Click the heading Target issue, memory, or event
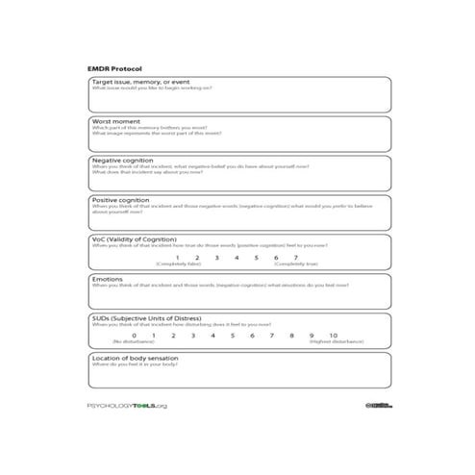tap(138, 83)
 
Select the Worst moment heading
tap(115, 122)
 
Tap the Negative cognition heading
tap(122, 161)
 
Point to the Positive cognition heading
tap(121, 200)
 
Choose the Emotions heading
tap(108, 279)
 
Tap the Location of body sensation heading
tap(136, 357)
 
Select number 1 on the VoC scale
tap(177, 257)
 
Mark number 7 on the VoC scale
tap(295, 257)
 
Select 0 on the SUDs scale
tap(133, 335)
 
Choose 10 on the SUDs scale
tap(333, 335)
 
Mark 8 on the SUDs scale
tap(292, 335)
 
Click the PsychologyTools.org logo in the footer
tap(127, 406)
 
